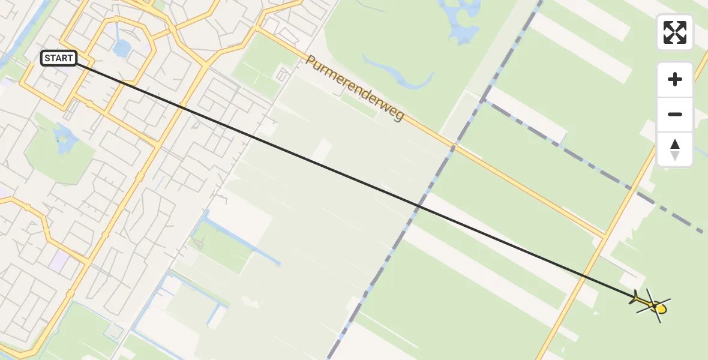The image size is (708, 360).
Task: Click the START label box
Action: [x=59, y=58]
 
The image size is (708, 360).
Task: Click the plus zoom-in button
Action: [x=675, y=79]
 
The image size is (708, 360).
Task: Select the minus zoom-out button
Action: [x=675, y=114]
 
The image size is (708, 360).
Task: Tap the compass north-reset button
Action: [x=675, y=149]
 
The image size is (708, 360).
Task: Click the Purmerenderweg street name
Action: [x=355, y=88]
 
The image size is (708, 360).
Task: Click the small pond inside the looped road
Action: [x=122, y=48]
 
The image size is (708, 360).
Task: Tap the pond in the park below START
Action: [x=64, y=139]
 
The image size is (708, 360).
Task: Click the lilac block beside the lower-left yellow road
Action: [x=61, y=260]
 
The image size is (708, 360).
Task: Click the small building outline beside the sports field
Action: [x=281, y=76]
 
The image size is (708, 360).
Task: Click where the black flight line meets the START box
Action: [x=77, y=62]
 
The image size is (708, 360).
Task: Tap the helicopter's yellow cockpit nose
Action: [x=661, y=309]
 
